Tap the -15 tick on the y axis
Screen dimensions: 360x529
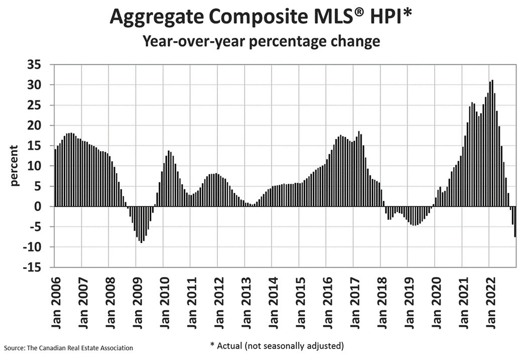click(x=38, y=267)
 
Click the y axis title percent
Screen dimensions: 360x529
click(x=15, y=166)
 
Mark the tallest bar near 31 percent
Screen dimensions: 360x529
click(x=492, y=143)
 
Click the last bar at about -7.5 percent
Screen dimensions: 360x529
click(x=515, y=221)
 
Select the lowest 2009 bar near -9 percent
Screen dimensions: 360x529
click(x=142, y=224)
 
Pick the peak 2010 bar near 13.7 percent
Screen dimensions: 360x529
click(x=169, y=178)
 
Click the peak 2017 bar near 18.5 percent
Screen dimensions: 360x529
click(x=359, y=169)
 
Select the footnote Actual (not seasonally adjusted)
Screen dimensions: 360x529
click(x=276, y=346)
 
